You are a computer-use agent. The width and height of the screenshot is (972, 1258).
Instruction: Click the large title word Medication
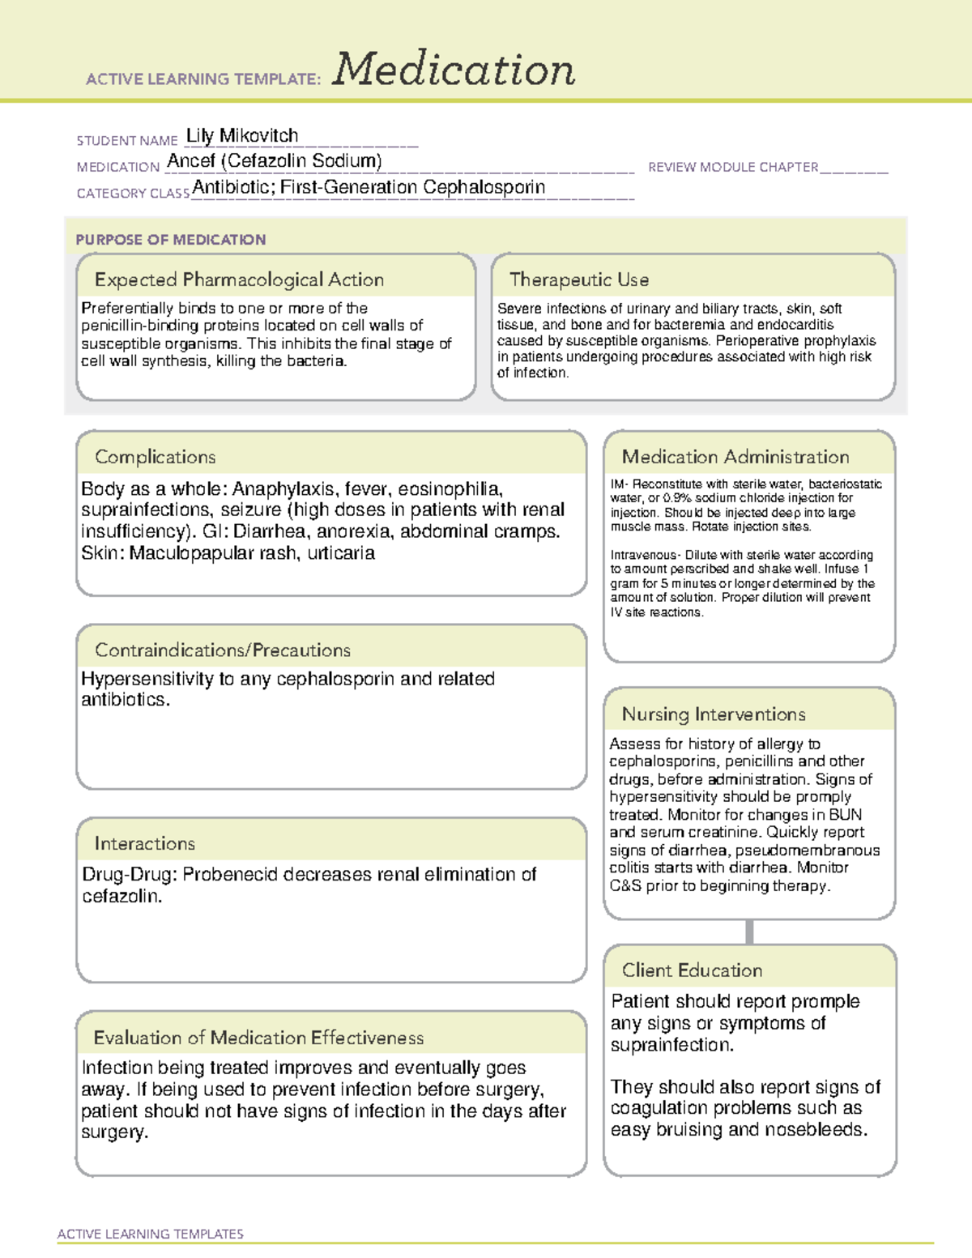coord(454,70)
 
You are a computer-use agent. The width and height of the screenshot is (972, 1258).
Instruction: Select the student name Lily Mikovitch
coord(242,135)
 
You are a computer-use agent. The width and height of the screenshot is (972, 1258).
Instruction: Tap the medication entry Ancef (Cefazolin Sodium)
coord(274,161)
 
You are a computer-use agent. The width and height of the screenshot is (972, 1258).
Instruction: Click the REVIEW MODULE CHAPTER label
coord(732,167)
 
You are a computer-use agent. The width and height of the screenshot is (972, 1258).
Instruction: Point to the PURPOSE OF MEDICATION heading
coord(170,240)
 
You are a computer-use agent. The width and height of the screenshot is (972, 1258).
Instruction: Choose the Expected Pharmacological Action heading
coord(239,279)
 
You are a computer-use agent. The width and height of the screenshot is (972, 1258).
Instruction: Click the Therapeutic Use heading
coord(578,279)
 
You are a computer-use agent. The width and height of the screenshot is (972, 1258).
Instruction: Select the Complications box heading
coord(155,457)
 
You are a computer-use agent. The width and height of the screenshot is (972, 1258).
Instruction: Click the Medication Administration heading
coord(735,457)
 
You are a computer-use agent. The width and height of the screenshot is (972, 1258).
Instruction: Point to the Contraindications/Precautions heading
coord(222,650)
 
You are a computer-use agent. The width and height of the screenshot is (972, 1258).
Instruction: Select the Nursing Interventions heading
coord(713,714)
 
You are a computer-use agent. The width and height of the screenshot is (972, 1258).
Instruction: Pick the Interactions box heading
coord(144,843)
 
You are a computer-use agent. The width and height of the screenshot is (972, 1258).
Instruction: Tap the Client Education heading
coord(692,970)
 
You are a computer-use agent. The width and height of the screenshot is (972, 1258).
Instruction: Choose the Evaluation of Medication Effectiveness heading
coord(258,1038)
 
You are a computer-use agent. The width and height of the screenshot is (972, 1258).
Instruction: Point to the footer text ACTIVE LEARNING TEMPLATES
coord(150,1234)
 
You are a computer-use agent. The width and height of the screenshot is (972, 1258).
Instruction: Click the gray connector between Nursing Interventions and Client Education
coord(749,932)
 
